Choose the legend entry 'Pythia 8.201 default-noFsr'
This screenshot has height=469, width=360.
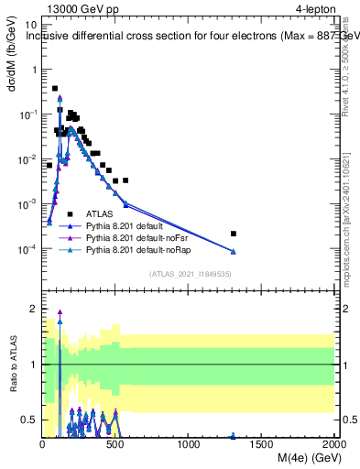click(142, 236)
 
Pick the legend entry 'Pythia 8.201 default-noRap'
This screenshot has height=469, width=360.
click(143, 248)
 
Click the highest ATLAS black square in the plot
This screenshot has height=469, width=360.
click(55, 89)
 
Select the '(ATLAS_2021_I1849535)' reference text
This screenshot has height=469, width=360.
click(189, 274)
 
